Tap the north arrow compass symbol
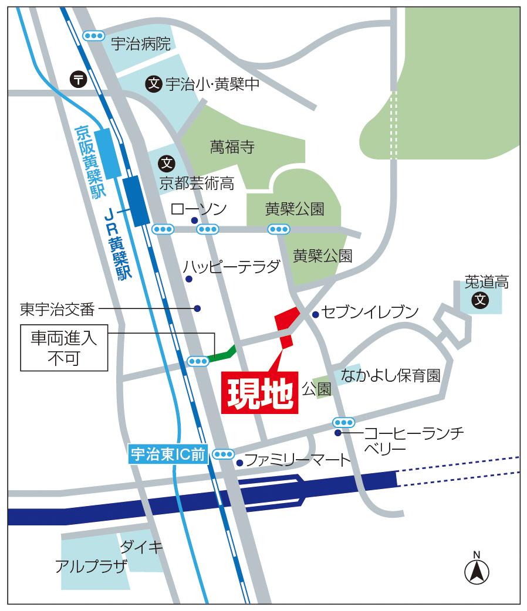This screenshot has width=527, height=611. (477, 570)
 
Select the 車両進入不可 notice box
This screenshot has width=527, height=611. (65, 349)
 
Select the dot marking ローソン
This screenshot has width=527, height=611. (194, 220)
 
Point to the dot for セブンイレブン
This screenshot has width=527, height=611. (315, 314)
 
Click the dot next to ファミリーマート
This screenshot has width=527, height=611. (239, 463)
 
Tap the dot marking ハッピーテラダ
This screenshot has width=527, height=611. (189, 279)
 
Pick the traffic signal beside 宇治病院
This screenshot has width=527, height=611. (93, 36)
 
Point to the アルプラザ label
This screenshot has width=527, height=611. (90, 566)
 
